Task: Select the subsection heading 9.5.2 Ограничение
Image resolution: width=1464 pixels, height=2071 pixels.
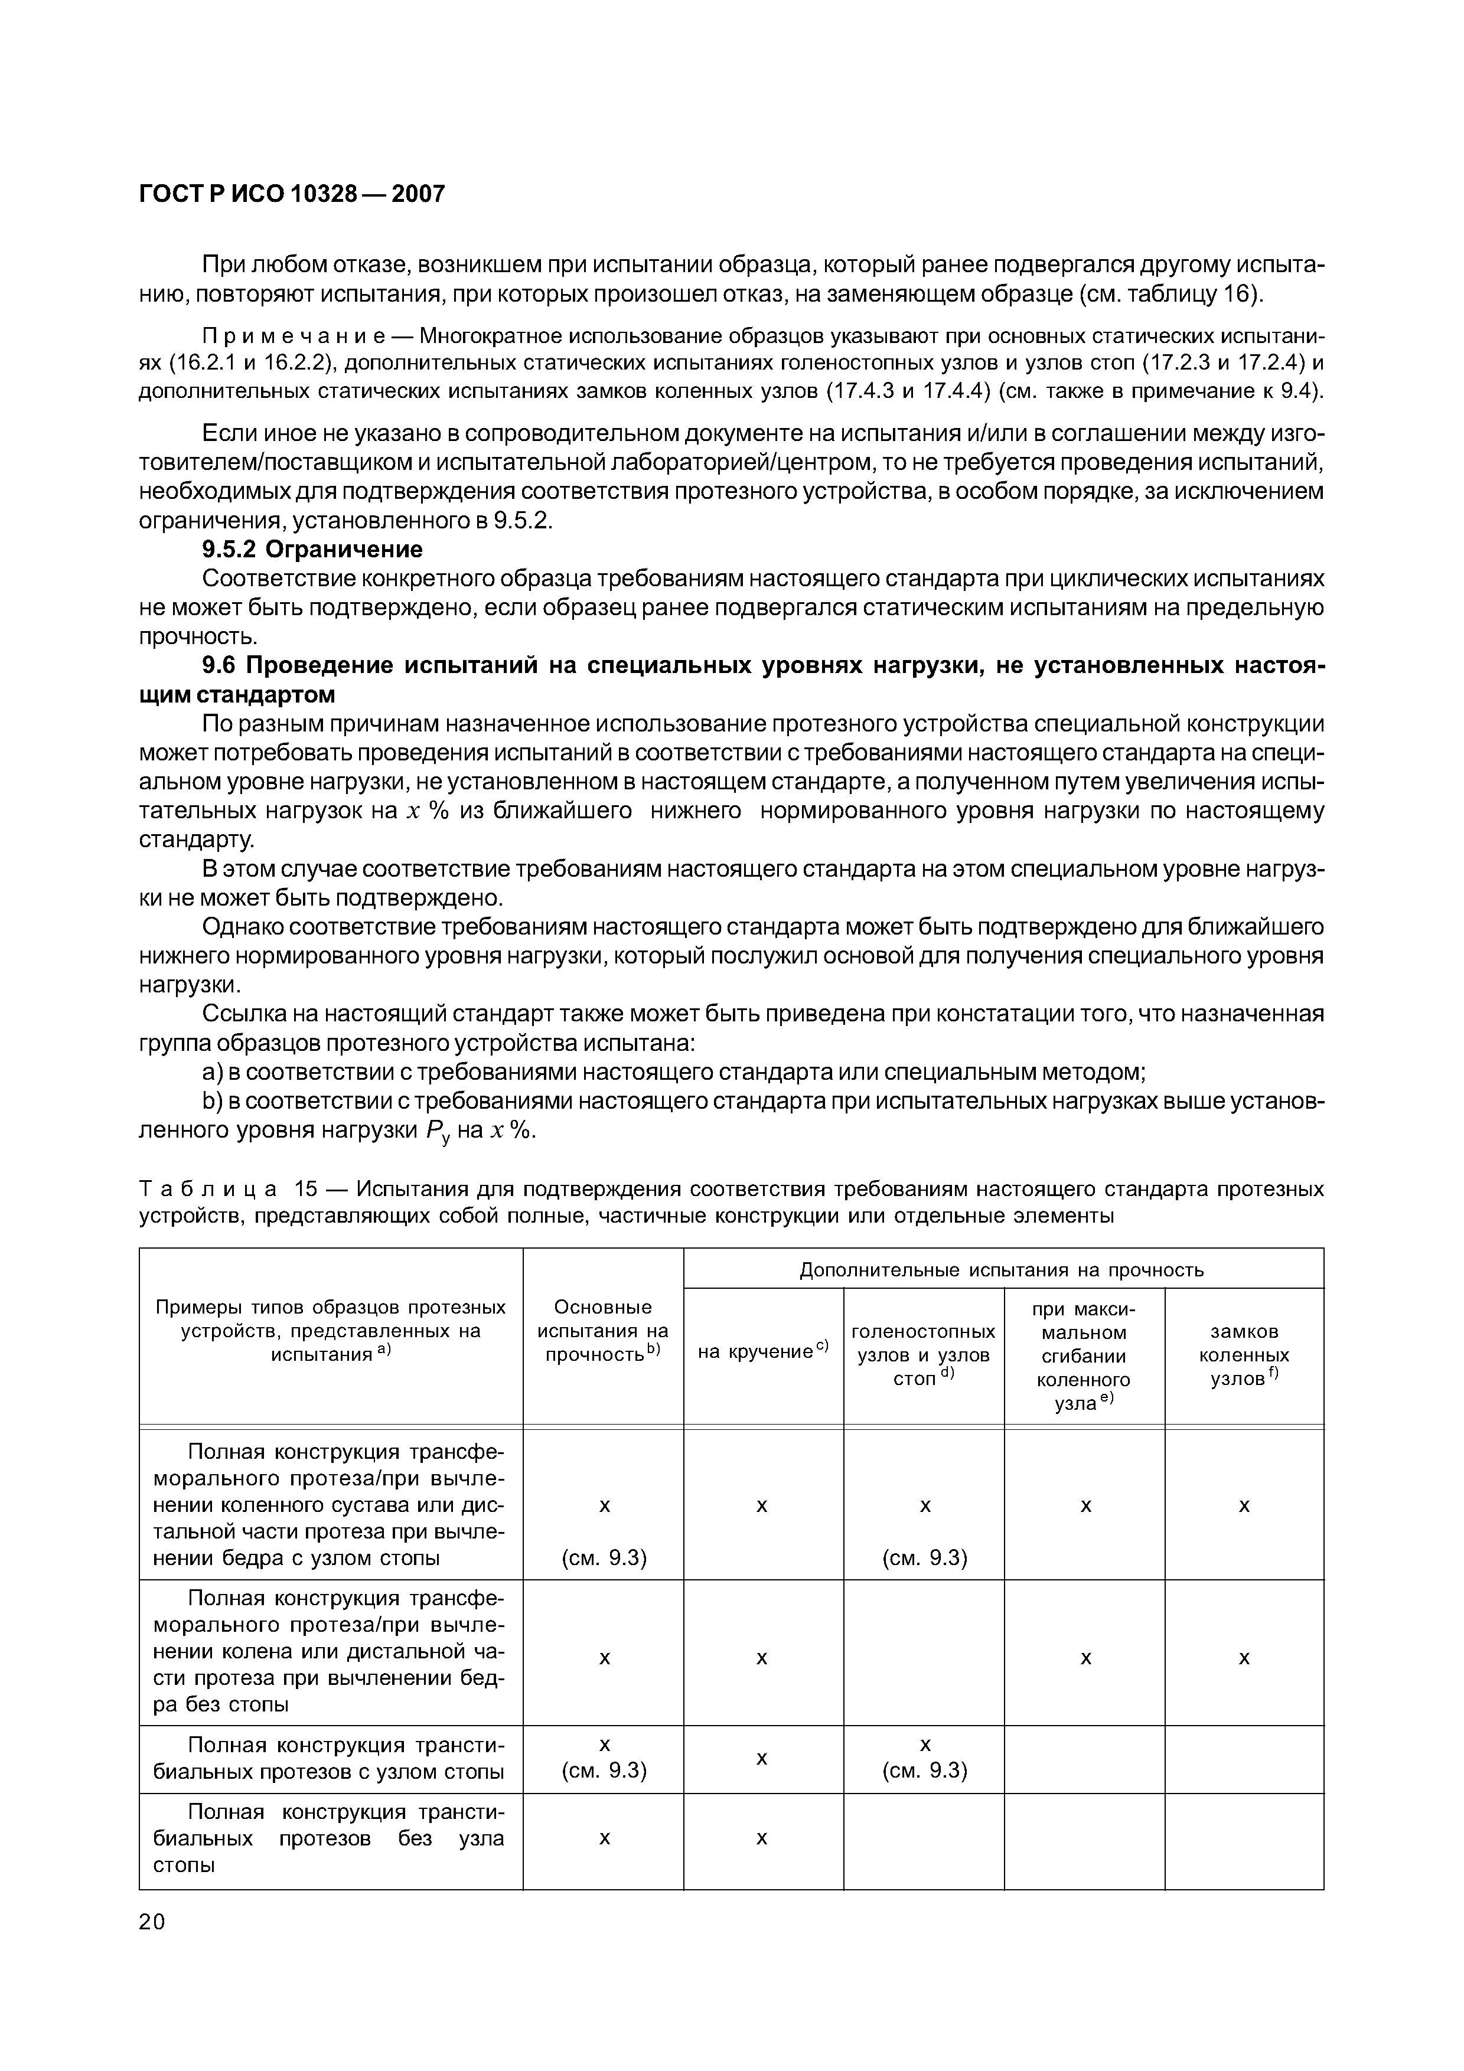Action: tap(312, 549)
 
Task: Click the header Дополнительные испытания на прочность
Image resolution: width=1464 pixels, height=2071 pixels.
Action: tap(1002, 1270)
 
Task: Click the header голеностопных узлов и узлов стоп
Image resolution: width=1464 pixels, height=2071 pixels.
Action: tap(923, 1355)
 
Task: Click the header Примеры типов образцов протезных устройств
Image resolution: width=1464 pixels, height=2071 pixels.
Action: tap(330, 1331)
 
